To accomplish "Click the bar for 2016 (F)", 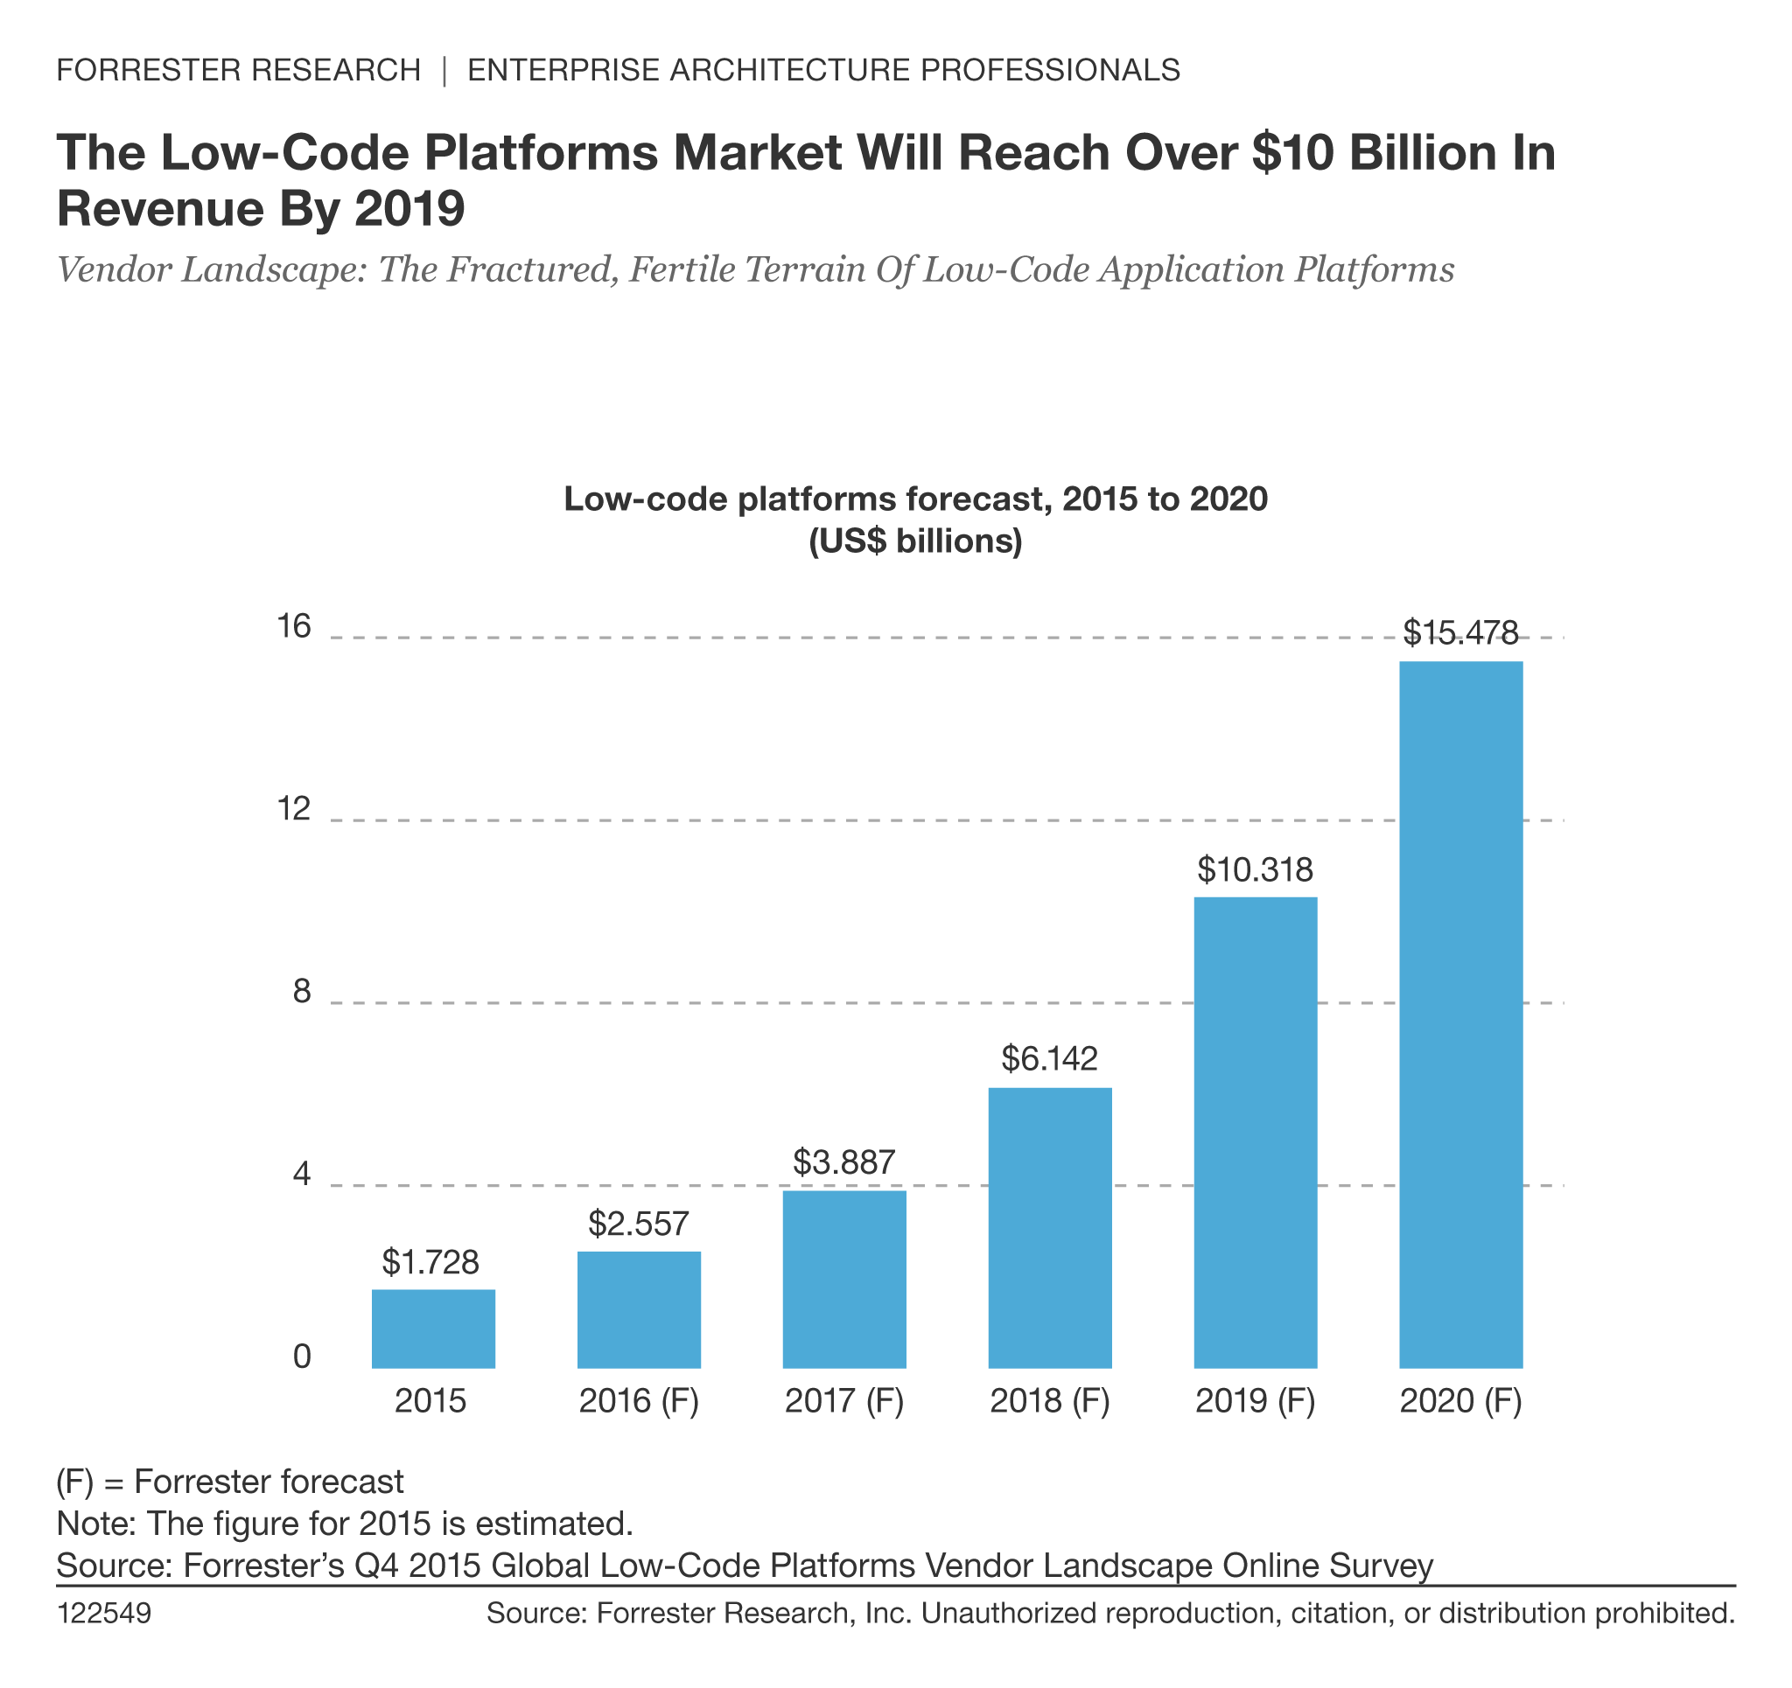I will (639, 1310).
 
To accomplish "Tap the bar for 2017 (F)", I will (844, 1280).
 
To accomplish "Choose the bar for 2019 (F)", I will (1256, 1133).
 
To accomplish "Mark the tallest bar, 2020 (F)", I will (1461, 1015).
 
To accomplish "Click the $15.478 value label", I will (1461, 633).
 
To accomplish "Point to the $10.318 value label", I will (1256, 869).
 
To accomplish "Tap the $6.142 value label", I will (1050, 1059).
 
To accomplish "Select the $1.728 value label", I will (430, 1263).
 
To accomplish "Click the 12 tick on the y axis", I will (294, 810).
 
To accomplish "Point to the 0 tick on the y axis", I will (302, 1357).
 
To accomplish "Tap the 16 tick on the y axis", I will (294, 626).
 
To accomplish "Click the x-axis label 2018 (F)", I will (1050, 1401).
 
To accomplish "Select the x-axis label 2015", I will (430, 1401).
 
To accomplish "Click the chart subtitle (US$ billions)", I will (916, 541).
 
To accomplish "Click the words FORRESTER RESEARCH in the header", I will (239, 70).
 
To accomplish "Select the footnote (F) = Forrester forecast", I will (230, 1482).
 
